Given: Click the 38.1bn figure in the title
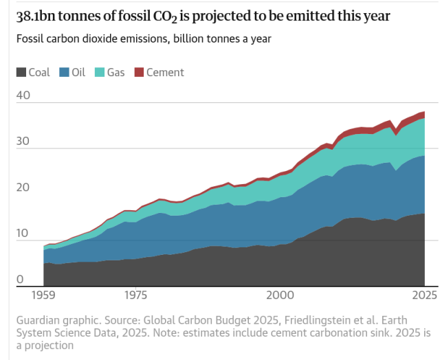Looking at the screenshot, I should click(x=41, y=15).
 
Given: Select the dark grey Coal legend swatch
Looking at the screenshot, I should click(x=21, y=72).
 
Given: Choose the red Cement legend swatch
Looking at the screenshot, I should click(x=139, y=72).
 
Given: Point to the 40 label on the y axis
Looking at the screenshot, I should click(x=23, y=96).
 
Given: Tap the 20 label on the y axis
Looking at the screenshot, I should click(x=23, y=187).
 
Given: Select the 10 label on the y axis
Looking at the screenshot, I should click(x=23, y=234).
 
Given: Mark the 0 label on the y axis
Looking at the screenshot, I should click(x=20, y=279).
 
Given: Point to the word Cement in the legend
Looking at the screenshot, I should click(x=165, y=72).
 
